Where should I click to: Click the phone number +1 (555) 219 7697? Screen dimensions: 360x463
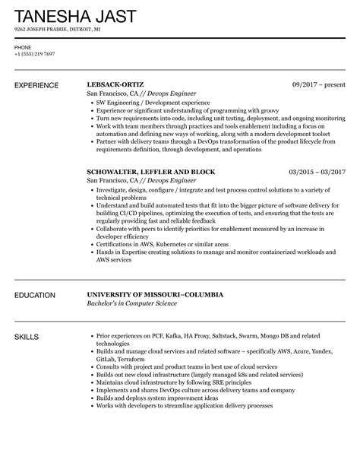(x=34, y=54)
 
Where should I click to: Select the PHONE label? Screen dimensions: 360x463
(x=23, y=46)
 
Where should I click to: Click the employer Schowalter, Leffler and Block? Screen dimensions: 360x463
(x=151, y=172)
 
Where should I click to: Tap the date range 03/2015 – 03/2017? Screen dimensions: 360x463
(x=317, y=172)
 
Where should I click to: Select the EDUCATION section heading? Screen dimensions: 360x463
(x=38, y=294)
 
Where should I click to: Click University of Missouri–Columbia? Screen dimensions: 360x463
(x=155, y=294)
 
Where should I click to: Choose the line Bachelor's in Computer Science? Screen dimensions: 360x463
(x=132, y=303)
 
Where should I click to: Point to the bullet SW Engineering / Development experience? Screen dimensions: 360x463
(x=150, y=102)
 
